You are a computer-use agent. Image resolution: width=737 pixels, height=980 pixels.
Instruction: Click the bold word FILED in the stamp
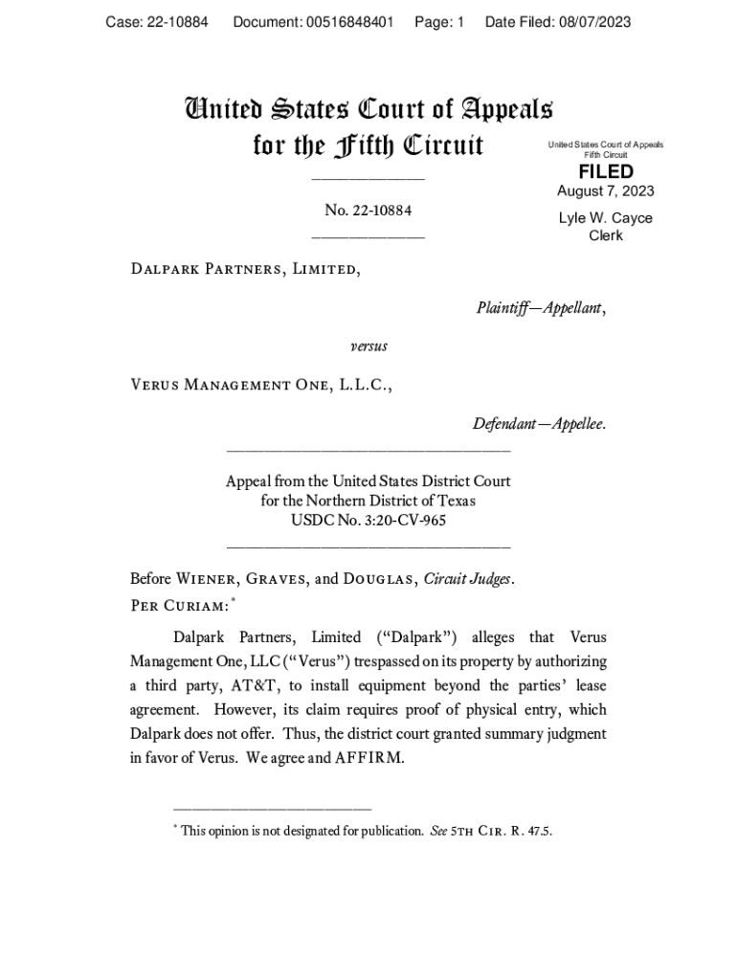pos(606,171)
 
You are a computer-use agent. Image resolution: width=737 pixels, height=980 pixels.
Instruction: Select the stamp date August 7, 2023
pos(606,191)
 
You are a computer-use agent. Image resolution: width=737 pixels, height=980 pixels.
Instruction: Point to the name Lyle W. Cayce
pos(606,218)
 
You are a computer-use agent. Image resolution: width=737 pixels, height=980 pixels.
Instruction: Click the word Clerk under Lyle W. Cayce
pos(606,235)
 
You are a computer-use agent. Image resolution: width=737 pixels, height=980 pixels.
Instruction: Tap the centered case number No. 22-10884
pos(368,211)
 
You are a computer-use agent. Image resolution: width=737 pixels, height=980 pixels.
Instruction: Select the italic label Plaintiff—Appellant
pos(540,308)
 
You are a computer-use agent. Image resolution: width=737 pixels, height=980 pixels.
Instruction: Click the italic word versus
pos(368,345)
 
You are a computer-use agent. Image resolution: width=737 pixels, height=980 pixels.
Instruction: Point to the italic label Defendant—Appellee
pos(538,424)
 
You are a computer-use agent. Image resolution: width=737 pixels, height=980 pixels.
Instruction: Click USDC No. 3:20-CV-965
pos(368,521)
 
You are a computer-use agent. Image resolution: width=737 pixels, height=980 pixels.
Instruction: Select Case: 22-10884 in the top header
pos(157,22)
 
